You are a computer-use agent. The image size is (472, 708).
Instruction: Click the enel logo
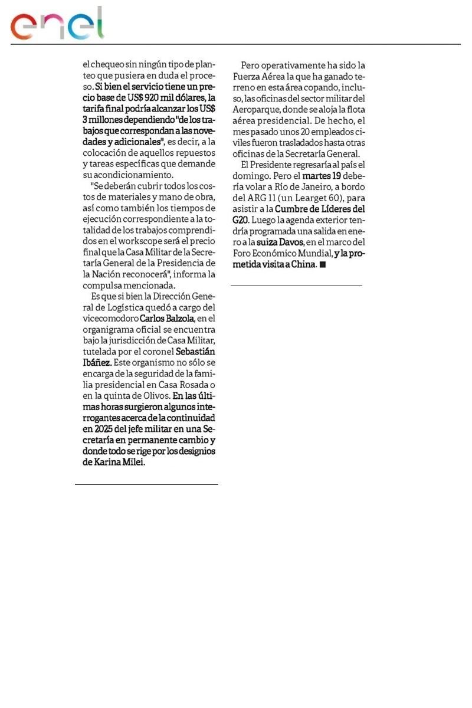pos(57,24)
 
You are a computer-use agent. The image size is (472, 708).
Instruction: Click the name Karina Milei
pos(120,462)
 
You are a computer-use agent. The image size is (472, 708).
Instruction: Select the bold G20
pos(241,219)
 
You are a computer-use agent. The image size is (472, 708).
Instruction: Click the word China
pos(304,264)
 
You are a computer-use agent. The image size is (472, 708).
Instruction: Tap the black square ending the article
pos(322,264)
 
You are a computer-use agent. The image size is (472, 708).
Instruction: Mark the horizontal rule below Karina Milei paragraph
pos(146,484)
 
